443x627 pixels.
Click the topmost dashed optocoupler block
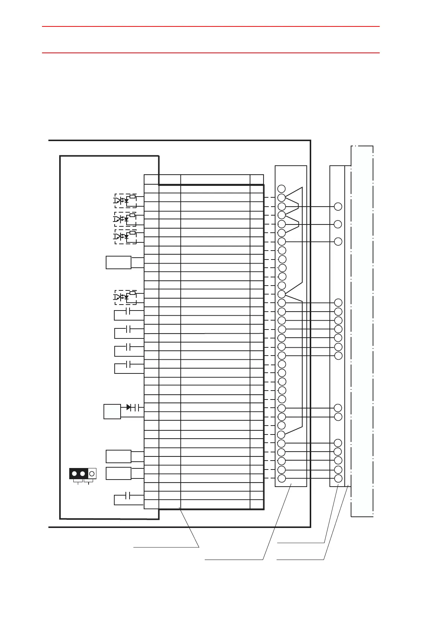(125, 201)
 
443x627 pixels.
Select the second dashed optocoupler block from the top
(125, 219)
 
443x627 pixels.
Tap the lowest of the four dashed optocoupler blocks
(125, 297)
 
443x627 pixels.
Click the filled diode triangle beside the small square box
(128, 407)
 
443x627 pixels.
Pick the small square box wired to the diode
(112, 411)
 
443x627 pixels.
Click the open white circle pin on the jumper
(92, 474)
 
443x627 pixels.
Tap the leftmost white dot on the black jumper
(74, 474)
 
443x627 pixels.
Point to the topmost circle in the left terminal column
(282, 188)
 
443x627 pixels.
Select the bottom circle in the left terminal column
(282, 479)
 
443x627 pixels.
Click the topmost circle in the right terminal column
(338, 207)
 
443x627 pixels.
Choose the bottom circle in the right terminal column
(338, 479)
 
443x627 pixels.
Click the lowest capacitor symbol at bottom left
(128, 496)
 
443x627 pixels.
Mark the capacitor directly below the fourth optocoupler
(128, 311)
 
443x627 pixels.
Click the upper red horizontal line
(211, 26)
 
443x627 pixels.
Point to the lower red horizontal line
(211, 53)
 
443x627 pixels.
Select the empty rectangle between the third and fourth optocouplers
(118, 262)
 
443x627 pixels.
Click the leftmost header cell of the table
(152, 179)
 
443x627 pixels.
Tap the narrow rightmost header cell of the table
(257, 179)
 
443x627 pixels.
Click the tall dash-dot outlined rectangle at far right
(362, 331)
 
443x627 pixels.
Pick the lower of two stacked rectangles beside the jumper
(118, 473)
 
